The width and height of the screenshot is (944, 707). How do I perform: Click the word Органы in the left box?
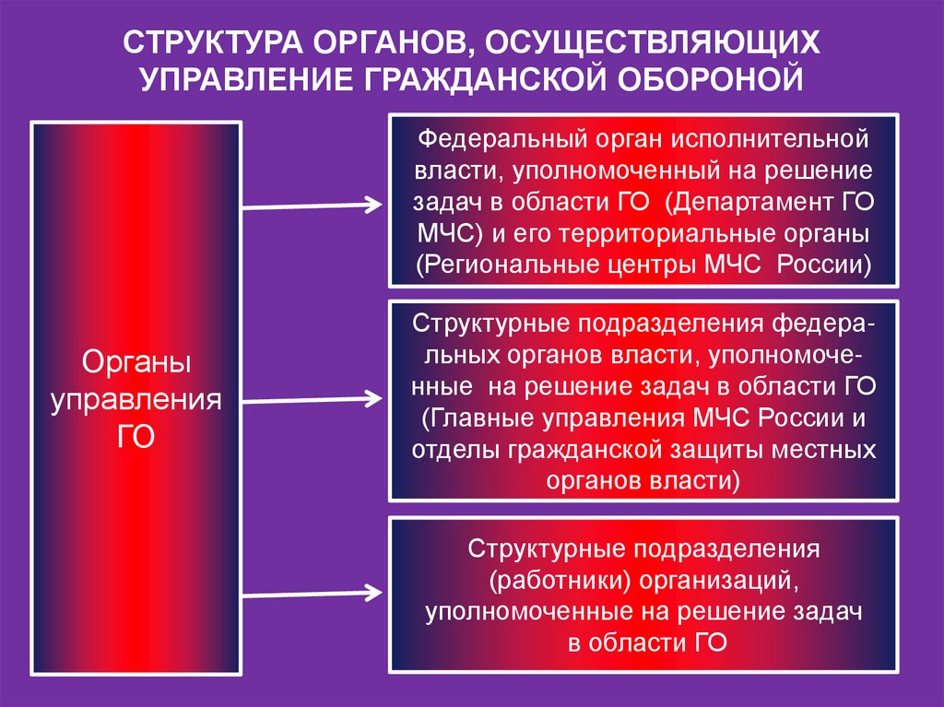pos(136,364)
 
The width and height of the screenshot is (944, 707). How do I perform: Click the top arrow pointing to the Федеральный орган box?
pos(313,204)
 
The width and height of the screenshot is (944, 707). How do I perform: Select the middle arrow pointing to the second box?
pos(313,400)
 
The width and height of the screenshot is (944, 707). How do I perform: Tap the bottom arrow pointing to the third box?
pos(313,591)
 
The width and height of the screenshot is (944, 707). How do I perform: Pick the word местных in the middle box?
pos(822,450)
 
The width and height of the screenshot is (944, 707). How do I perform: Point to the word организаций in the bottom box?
pos(718,582)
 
